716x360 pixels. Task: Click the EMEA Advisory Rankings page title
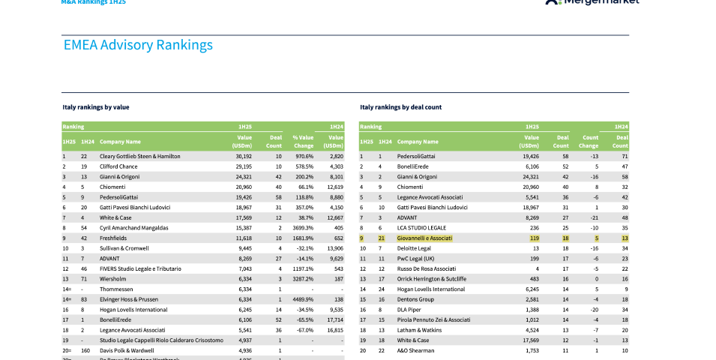[x=138, y=45]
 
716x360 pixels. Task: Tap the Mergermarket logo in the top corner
[x=592, y=2]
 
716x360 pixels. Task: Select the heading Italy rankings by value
[x=95, y=107]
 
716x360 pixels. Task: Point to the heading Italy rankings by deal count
[x=400, y=107]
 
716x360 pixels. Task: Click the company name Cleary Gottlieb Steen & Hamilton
[x=140, y=156]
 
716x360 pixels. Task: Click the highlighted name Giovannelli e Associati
[x=424, y=238]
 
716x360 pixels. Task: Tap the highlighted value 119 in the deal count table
[x=533, y=238]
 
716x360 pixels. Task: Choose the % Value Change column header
[x=303, y=141]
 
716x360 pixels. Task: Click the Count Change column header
[x=589, y=141]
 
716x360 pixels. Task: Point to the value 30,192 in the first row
[x=243, y=156]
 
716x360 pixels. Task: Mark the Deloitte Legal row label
[x=414, y=248]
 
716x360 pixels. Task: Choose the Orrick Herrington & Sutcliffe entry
[x=432, y=279]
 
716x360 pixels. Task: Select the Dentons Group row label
[x=416, y=298]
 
